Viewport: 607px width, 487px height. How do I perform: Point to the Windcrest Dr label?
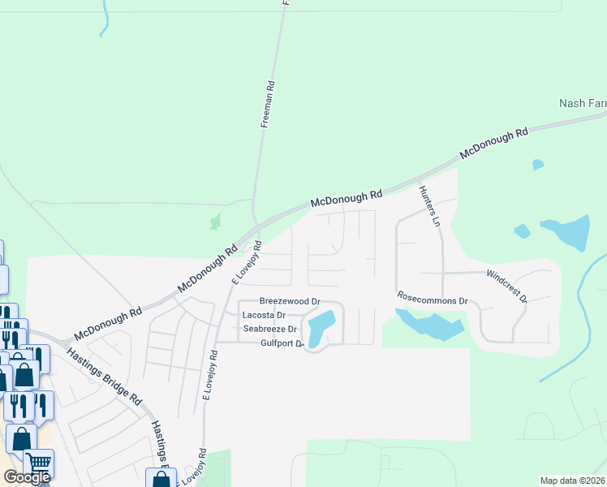507,286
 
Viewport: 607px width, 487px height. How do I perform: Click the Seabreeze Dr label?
270,329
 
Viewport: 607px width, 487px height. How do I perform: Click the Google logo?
27,477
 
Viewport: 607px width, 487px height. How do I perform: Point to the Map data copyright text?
573,481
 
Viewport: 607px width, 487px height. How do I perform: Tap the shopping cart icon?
38,464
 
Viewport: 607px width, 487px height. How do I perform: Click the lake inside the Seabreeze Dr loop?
320,328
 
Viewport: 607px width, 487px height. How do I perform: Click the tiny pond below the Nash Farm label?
537,165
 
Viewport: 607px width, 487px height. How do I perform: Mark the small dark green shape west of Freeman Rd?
215,221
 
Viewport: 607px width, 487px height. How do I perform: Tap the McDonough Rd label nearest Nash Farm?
493,143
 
